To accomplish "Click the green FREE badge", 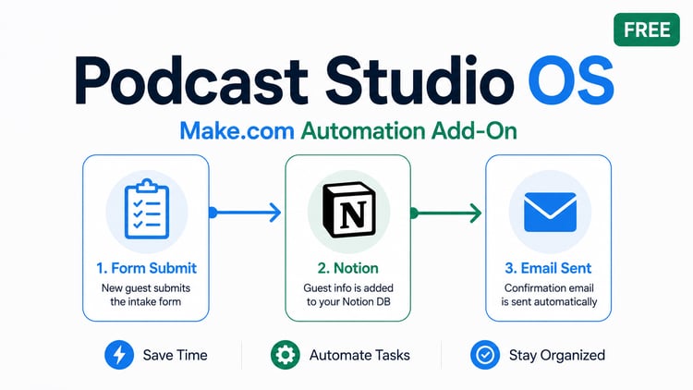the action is (x=647, y=30).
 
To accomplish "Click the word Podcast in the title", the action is (x=191, y=80).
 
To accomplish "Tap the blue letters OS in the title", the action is (x=571, y=80).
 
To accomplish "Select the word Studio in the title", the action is (x=419, y=80).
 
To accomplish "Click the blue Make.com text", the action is (x=237, y=131).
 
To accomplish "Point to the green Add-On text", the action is (x=474, y=131).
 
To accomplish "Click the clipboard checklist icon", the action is (x=147, y=209).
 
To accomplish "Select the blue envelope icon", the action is (x=551, y=213).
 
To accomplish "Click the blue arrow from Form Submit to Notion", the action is (x=245, y=213).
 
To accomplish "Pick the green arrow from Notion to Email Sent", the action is (x=445, y=213).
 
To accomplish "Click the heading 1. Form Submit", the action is (x=146, y=268).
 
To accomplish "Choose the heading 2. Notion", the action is (x=347, y=268).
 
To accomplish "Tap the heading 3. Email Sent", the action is (x=548, y=268).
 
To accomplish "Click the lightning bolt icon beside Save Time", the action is (x=119, y=355).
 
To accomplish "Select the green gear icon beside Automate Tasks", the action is (x=286, y=355).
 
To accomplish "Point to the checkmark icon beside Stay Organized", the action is (x=485, y=355).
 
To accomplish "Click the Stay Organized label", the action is (x=557, y=355).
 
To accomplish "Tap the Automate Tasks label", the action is (x=359, y=355).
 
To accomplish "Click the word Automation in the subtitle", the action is (x=363, y=131).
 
